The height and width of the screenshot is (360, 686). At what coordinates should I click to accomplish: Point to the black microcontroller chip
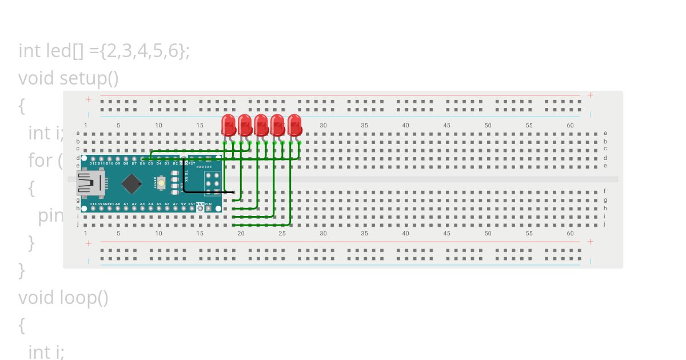click(x=132, y=183)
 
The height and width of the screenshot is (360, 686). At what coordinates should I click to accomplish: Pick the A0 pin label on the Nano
click(x=118, y=203)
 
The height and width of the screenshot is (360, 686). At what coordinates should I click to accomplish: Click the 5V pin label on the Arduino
click(x=184, y=203)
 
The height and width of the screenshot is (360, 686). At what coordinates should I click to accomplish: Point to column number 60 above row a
click(x=570, y=125)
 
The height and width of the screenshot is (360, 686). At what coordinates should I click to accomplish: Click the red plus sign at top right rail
click(x=590, y=95)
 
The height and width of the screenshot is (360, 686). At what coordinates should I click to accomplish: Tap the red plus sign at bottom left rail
click(x=89, y=243)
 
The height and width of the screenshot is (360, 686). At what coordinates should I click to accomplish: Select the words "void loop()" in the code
click(x=63, y=298)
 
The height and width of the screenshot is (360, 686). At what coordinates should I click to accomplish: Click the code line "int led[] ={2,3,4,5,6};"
click(x=104, y=51)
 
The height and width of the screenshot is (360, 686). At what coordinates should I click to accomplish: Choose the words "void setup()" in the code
click(x=69, y=78)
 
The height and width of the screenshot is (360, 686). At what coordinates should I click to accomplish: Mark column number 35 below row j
click(x=364, y=233)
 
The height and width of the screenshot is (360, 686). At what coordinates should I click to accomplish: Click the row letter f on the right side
click(x=605, y=191)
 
